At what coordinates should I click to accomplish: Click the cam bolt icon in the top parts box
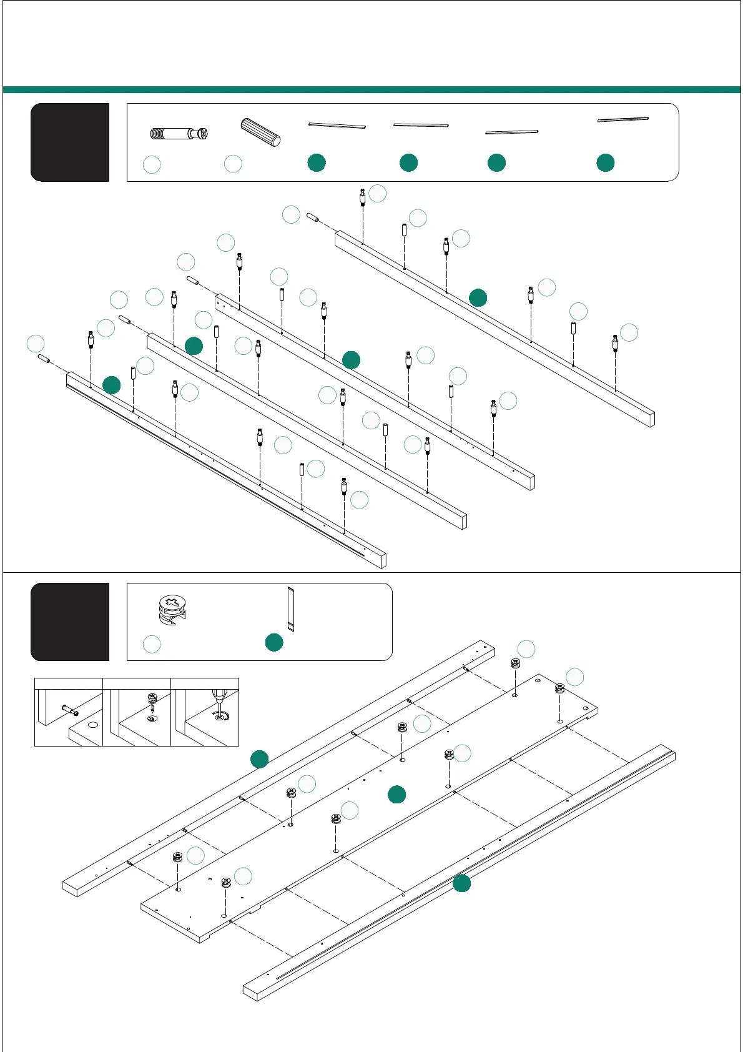[179, 133]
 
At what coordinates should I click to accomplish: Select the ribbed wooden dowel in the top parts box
[260, 132]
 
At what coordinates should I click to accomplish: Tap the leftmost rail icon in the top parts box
[337, 126]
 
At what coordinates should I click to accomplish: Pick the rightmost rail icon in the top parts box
[622, 119]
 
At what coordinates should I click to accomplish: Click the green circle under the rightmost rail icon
[605, 163]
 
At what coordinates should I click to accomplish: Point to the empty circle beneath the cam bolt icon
[152, 164]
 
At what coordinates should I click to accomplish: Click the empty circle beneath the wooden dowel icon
[233, 164]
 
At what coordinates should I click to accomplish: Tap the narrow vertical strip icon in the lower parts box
[290, 608]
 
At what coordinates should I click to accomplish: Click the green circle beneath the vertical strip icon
[274, 642]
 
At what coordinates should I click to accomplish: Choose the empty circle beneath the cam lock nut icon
[152, 644]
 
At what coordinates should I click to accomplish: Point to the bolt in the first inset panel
[69, 710]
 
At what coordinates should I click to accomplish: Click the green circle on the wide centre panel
[396, 795]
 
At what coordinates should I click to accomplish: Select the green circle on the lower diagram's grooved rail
[461, 883]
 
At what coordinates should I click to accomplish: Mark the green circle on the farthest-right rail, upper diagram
[478, 298]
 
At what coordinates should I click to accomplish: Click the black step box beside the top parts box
[70, 142]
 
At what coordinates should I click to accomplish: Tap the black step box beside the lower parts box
[70, 622]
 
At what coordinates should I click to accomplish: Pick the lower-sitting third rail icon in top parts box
[511, 132]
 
